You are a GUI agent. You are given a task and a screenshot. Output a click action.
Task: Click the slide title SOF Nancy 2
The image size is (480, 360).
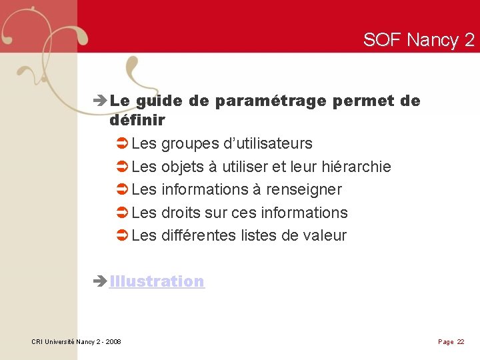coord(419,40)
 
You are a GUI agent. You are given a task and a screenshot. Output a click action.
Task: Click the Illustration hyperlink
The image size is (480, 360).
coord(157,281)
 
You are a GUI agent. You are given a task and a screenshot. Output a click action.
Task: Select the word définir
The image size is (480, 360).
coord(137,121)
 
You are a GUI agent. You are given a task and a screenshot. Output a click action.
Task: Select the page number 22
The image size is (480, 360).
coord(461,342)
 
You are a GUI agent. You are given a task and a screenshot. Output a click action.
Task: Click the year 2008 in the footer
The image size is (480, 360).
coord(113,342)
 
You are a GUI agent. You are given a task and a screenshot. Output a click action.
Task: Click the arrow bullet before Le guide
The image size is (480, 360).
coord(101,102)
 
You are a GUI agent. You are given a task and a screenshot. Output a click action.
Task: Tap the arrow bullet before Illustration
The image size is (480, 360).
coord(101,282)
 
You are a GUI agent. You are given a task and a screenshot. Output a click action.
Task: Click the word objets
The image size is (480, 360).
coord(183,167)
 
